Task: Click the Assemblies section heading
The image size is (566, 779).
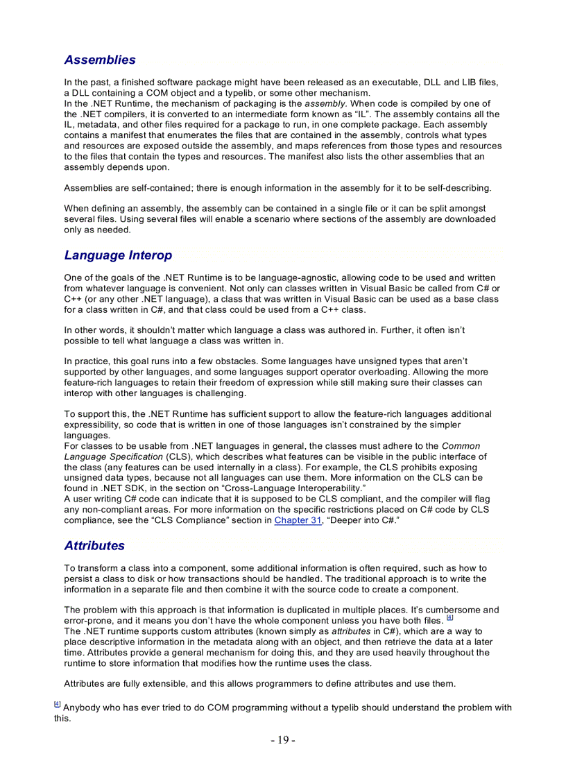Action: (x=100, y=60)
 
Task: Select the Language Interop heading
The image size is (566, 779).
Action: (x=118, y=255)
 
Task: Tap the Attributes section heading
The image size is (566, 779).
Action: (x=94, y=545)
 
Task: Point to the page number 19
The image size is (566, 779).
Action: (x=283, y=740)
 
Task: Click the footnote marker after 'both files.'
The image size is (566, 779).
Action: (x=449, y=617)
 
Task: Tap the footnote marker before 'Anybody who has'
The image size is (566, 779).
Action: (x=58, y=704)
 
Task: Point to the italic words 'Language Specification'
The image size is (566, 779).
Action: (x=114, y=456)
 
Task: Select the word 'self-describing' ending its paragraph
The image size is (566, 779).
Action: (x=458, y=188)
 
